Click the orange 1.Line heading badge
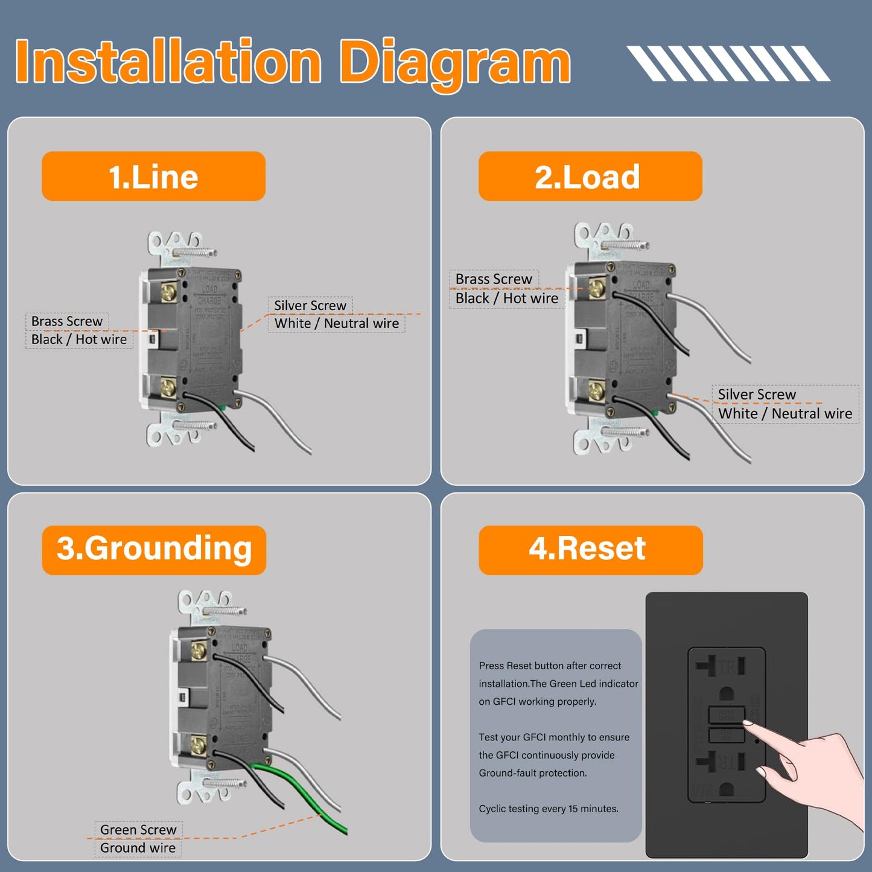(x=153, y=176)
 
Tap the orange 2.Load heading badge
(x=590, y=176)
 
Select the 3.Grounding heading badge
(x=154, y=550)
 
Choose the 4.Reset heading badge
(x=590, y=550)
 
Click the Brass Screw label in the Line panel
(x=67, y=321)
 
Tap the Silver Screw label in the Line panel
(x=310, y=305)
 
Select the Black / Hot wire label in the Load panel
(x=506, y=298)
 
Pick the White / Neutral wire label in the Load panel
(x=784, y=413)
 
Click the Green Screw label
(x=138, y=830)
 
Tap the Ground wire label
(x=138, y=848)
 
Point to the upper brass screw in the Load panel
(x=596, y=288)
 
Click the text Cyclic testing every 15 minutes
(x=549, y=809)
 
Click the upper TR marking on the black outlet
(x=727, y=667)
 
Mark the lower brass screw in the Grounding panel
(x=198, y=745)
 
